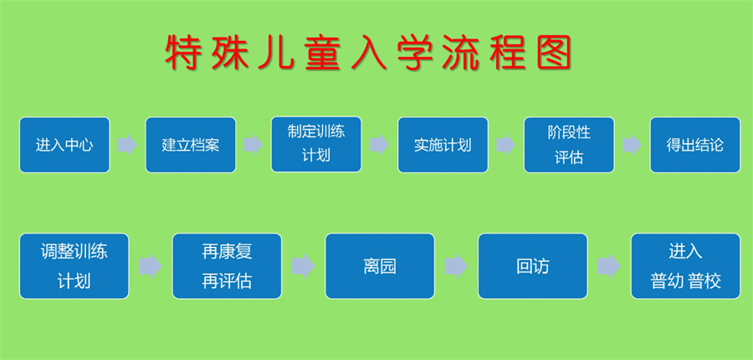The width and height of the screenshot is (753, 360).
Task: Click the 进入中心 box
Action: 64,145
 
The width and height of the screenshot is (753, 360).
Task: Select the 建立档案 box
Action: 191,145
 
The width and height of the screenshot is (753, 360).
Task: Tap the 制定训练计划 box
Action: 316,145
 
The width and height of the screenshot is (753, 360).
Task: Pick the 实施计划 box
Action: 443,145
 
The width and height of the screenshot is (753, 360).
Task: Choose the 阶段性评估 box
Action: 569,145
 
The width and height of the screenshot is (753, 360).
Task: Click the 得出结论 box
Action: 694,145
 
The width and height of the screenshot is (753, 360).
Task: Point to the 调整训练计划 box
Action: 74,266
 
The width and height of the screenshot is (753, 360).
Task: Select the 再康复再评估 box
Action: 227,266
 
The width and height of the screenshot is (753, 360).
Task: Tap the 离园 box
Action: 380,266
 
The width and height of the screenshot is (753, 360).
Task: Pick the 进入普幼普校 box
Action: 685,266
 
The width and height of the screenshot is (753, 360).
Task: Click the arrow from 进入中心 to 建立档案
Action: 127,145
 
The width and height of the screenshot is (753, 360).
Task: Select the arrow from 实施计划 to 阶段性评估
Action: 505,145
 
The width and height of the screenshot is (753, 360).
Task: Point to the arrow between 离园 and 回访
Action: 456,266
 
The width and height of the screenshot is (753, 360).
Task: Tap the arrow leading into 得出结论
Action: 632,145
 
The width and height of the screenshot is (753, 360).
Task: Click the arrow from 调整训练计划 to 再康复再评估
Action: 151,266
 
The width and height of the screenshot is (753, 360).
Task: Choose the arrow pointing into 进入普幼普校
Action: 609,266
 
